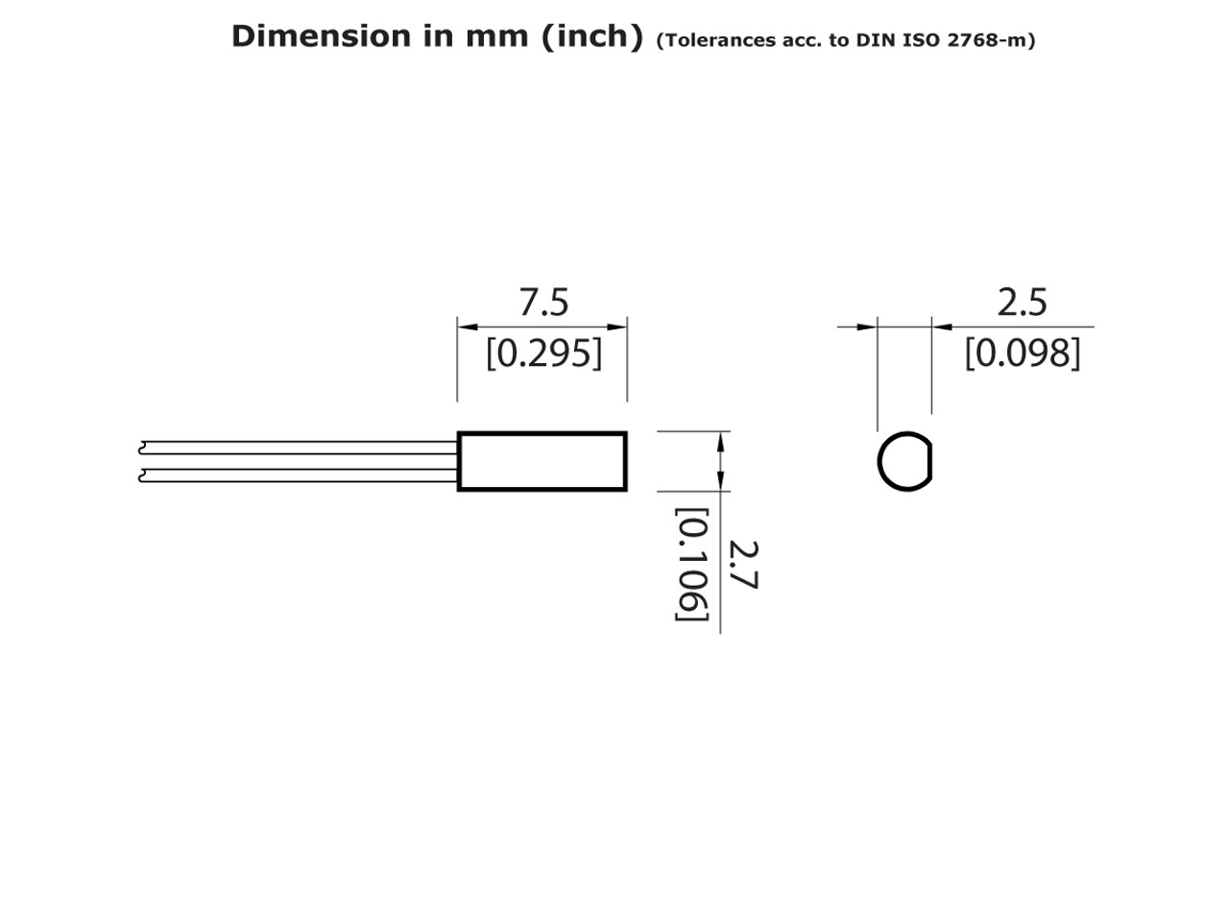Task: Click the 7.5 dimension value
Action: click(543, 303)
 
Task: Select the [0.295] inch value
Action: click(543, 353)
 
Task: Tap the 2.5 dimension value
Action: click(1022, 303)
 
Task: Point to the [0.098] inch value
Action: click(1022, 353)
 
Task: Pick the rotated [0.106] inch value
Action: click(691, 565)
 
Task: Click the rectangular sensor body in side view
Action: click(542, 461)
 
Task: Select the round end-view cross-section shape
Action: click(904, 462)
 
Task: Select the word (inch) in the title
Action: click(591, 36)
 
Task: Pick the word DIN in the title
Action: click(875, 41)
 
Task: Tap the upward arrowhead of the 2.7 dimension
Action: click(720, 442)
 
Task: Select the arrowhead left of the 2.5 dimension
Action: click(866, 327)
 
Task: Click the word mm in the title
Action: click(495, 36)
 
